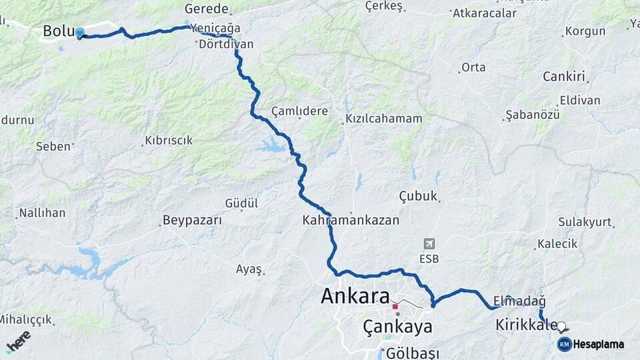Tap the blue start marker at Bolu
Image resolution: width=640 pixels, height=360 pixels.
79,33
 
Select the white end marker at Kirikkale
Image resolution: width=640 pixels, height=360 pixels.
561,327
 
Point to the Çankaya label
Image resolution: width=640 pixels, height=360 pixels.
397,327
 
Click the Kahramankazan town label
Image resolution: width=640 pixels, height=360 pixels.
351,219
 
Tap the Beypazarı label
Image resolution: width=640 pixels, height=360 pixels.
192,219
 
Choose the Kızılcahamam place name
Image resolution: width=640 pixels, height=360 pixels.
383,119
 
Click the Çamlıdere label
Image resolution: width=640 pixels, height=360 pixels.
299,111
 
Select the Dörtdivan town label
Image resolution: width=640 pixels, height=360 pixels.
226,44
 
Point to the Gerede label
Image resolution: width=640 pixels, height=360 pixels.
207,9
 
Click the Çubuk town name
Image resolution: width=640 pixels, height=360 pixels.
418,195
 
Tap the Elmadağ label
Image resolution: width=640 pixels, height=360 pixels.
520,301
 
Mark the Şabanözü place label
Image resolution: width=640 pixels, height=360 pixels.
533,115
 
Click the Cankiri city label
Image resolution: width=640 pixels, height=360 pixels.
563,76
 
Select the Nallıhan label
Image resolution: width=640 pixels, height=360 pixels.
42,213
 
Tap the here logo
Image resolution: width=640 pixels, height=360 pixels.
18,341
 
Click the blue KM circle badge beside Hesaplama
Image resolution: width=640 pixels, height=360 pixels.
564,344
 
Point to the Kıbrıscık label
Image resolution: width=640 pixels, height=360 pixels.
168,140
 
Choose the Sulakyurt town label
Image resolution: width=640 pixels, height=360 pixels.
585,222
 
